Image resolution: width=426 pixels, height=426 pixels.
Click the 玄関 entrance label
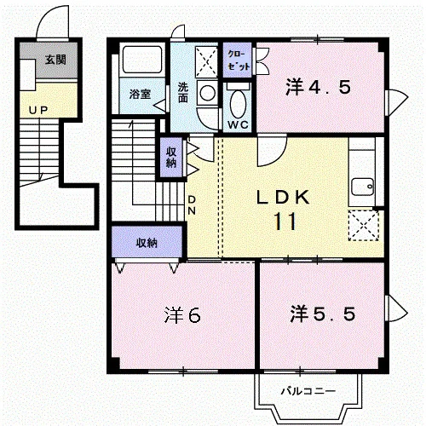(x=55, y=60)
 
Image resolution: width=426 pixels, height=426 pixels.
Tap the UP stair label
(x=38, y=110)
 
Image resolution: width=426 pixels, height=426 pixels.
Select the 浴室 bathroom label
(x=140, y=94)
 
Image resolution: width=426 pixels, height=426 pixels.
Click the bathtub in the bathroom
(x=142, y=59)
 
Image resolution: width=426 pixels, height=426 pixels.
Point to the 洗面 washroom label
(x=183, y=92)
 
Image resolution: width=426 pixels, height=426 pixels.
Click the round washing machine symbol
(x=207, y=93)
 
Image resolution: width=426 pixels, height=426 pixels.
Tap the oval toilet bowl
(x=237, y=104)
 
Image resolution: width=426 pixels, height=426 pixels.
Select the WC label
(x=238, y=124)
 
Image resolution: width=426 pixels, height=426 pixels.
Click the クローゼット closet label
(x=239, y=60)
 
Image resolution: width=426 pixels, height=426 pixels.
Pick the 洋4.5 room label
(x=319, y=87)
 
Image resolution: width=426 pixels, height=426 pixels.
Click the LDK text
(x=283, y=197)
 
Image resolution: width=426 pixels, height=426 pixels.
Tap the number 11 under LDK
(x=285, y=222)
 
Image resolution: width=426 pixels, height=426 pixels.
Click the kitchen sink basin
(x=363, y=187)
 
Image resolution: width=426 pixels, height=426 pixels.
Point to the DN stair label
(x=192, y=205)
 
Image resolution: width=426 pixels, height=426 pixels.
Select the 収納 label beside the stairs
(x=171, y=158)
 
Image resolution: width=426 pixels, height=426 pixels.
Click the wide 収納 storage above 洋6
(x=147, y=242)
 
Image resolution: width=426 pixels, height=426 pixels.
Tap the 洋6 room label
(x=182, y=315)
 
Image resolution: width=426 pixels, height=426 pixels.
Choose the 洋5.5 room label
(x=323, y=314)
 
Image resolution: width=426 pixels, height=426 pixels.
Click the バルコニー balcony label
(x=308, y=391)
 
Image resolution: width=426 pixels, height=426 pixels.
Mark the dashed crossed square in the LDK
(x=364, y=226)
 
